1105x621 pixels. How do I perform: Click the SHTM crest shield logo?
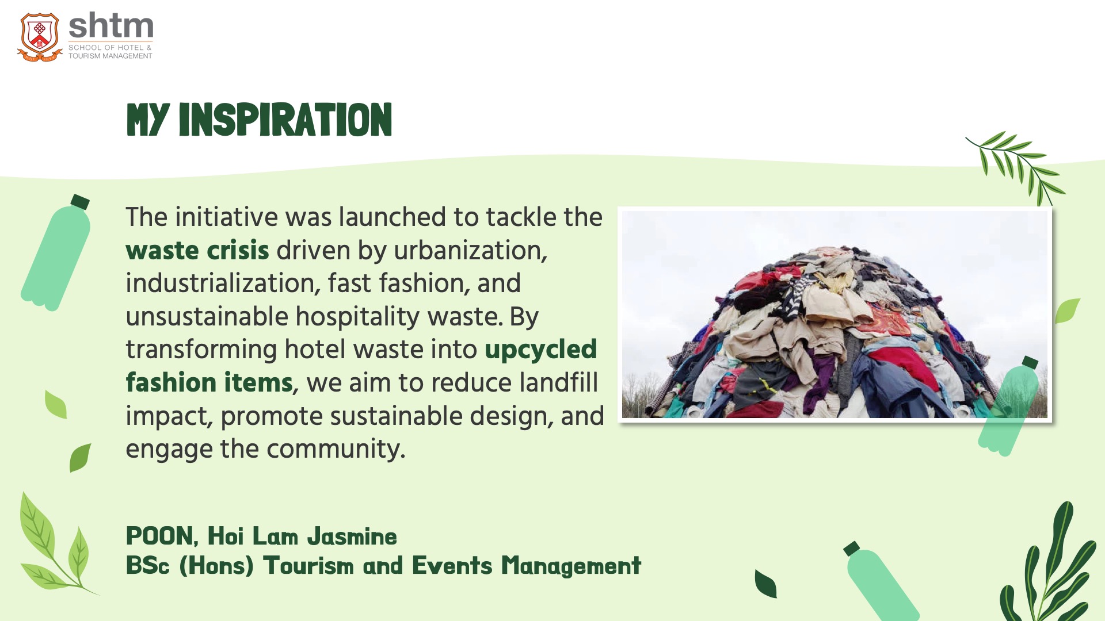tap(39, 37)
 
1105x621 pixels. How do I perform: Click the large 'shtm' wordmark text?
tap(111, 26)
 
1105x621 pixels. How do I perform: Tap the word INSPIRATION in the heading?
tap(285, 120)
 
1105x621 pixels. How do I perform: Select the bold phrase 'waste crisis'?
tap(197, 251)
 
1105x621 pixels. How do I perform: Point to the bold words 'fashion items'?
tap(209, 383)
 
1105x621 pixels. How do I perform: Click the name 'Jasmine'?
tap(352, 536)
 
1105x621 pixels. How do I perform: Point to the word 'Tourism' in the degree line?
tap(308, 566)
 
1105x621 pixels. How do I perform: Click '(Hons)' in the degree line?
tap(216, 566)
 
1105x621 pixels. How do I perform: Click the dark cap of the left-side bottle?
tap(80, 202)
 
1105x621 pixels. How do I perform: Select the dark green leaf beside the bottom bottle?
tap(766, 584)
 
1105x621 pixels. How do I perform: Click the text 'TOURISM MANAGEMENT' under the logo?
tap(110, 56)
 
